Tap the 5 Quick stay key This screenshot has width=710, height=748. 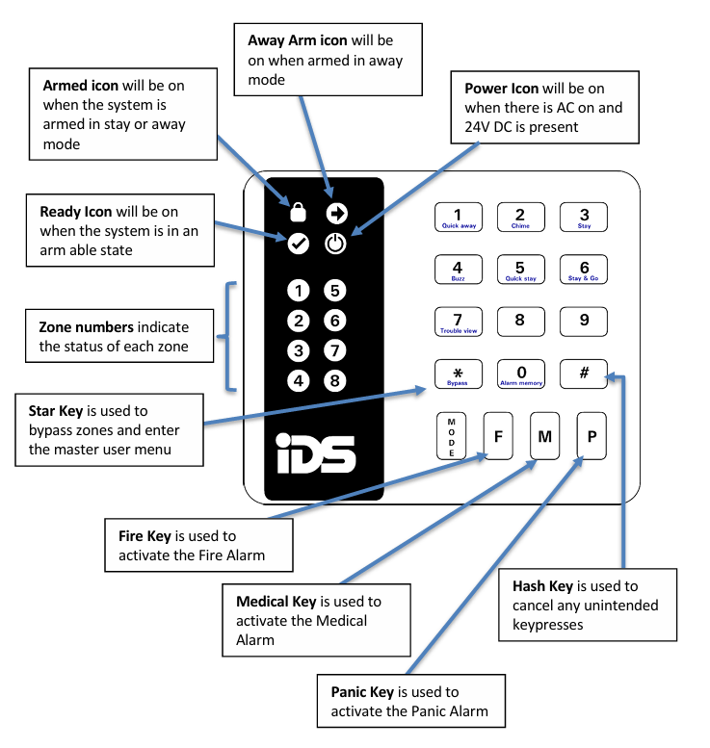coord(520,270)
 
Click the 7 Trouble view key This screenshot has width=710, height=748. coord(458,322)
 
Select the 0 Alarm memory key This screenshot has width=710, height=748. coord(520,374)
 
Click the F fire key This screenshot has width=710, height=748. coord(498,436)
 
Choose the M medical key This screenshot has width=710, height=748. coord(544,436)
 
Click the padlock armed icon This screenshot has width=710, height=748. coord(298,213)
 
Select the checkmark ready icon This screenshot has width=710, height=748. coord(299,244)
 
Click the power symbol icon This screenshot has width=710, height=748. coord(334,244)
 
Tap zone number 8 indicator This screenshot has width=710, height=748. coord(334,381)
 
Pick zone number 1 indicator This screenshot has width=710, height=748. coord(300,291)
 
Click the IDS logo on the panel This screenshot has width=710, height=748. coord(315,453)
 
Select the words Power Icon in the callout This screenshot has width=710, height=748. coord(501,90)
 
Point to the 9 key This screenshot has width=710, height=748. coord(584,322)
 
